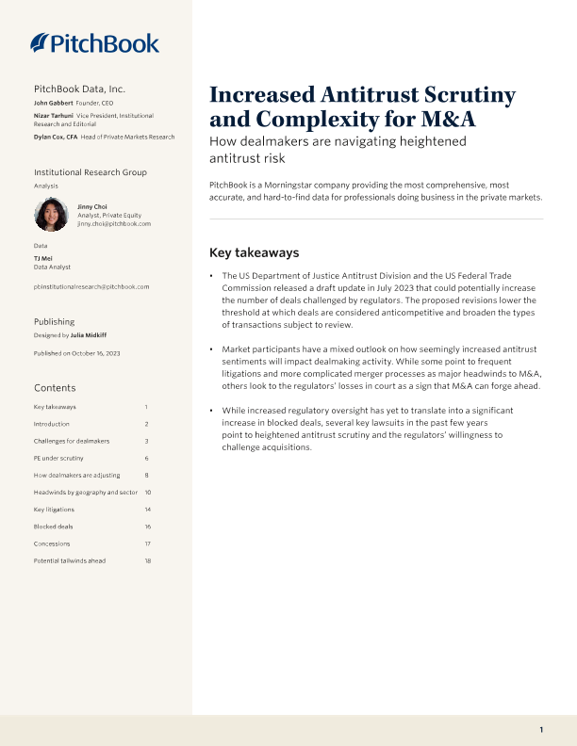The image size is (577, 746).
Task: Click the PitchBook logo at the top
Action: (x=94, y=42)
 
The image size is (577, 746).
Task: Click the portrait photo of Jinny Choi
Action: (x=50, y=215)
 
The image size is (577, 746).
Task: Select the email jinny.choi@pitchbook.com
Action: (x=114, y=224)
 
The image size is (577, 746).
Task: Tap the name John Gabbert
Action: (x=53, y=102)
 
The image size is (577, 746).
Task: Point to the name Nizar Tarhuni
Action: (x=54, y=115)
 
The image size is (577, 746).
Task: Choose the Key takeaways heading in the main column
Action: (x=254, y=252)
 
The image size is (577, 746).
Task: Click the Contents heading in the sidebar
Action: (x=55, y=388)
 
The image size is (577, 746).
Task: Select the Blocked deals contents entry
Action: (x=53, y=527)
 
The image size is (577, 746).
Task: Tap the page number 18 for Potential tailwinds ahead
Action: (x=148, y=560)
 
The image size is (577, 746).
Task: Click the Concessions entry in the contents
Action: (x=52, y=543)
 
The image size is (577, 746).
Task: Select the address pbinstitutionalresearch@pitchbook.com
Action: (x=91, y=286)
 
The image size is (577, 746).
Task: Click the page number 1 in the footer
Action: (x=541, y=730)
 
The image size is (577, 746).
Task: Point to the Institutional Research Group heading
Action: (x=91, y=172)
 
